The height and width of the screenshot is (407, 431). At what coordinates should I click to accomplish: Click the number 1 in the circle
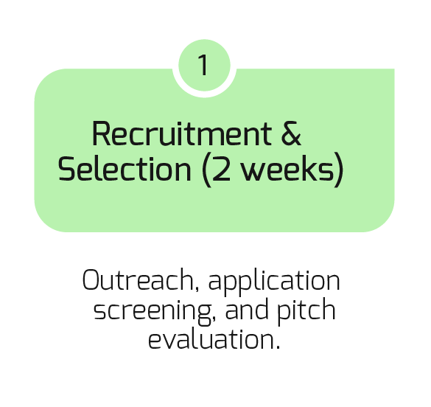coord(203,65)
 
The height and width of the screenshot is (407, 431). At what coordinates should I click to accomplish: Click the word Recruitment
coord(182,133)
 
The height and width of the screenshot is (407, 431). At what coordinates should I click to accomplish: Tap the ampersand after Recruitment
coord(291,133)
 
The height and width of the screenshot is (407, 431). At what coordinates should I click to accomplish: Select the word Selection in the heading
coord(125,168)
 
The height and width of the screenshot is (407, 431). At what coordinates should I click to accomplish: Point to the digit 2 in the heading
coord(222,168)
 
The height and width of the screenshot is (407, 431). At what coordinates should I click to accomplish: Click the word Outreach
coord(138,279)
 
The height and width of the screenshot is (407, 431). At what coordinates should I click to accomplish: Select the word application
coord(274,282)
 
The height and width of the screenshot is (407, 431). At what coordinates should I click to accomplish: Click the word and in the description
coord(247,309)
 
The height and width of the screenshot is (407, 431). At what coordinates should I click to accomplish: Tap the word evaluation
coord(211,339)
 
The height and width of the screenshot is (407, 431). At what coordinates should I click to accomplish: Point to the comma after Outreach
coord(197,289)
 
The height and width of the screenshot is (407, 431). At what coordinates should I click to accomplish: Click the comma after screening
coord(214,319)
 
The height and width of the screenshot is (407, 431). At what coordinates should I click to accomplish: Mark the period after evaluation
coord(278,347)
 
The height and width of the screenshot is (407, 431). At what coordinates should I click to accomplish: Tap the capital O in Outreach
coord(91,279)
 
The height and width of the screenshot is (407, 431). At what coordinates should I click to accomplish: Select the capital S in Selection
coord(66,168)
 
